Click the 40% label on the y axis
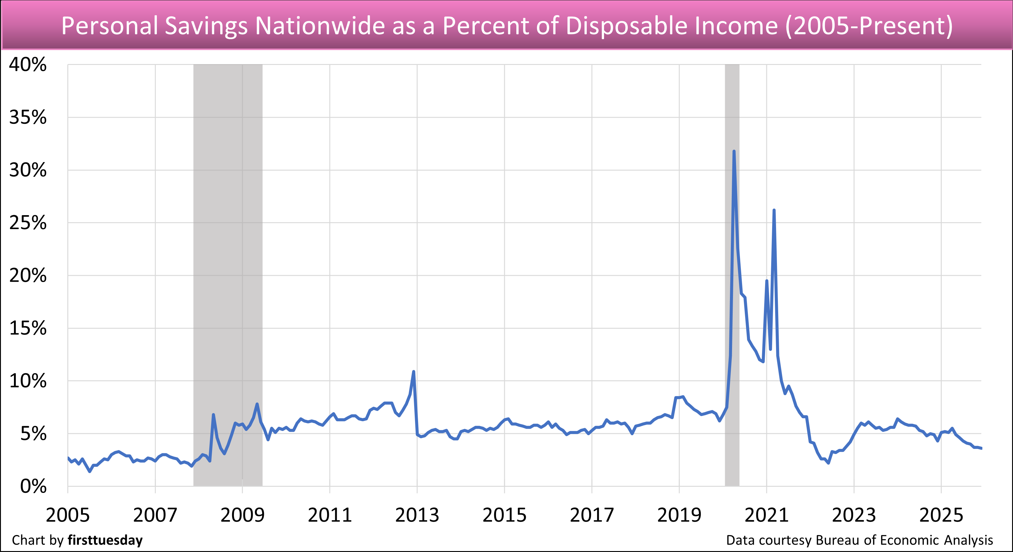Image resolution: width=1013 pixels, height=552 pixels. (x=28, y=65)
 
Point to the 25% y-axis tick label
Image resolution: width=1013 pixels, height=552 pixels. (x=28, y=223)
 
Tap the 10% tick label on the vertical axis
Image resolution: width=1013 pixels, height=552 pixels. (x=28, y=381)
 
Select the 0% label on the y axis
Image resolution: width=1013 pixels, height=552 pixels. (x=33, y=487)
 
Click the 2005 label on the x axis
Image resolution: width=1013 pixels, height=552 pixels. (x=68, y=515)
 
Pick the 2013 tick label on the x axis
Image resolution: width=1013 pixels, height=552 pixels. (x=417, y=515)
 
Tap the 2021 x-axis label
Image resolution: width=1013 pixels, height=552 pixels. (x=766, y=515)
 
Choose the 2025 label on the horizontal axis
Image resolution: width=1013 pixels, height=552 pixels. (x=941, y=515)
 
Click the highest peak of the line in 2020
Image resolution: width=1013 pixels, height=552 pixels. (x=734, y=151)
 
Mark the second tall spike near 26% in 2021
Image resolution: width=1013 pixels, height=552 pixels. (x=774, y=211)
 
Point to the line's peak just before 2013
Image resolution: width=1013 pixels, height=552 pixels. (x=413, y=371)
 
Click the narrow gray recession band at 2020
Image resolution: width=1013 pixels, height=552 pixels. (x=732, y=276)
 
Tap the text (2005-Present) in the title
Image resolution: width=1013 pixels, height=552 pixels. (x=869, y=26)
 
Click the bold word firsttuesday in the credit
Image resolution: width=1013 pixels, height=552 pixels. (x=105, y=540)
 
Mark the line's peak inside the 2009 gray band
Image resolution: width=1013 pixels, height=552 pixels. (x=257, y=404)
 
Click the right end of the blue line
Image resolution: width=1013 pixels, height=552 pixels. (x=981, y=448)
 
